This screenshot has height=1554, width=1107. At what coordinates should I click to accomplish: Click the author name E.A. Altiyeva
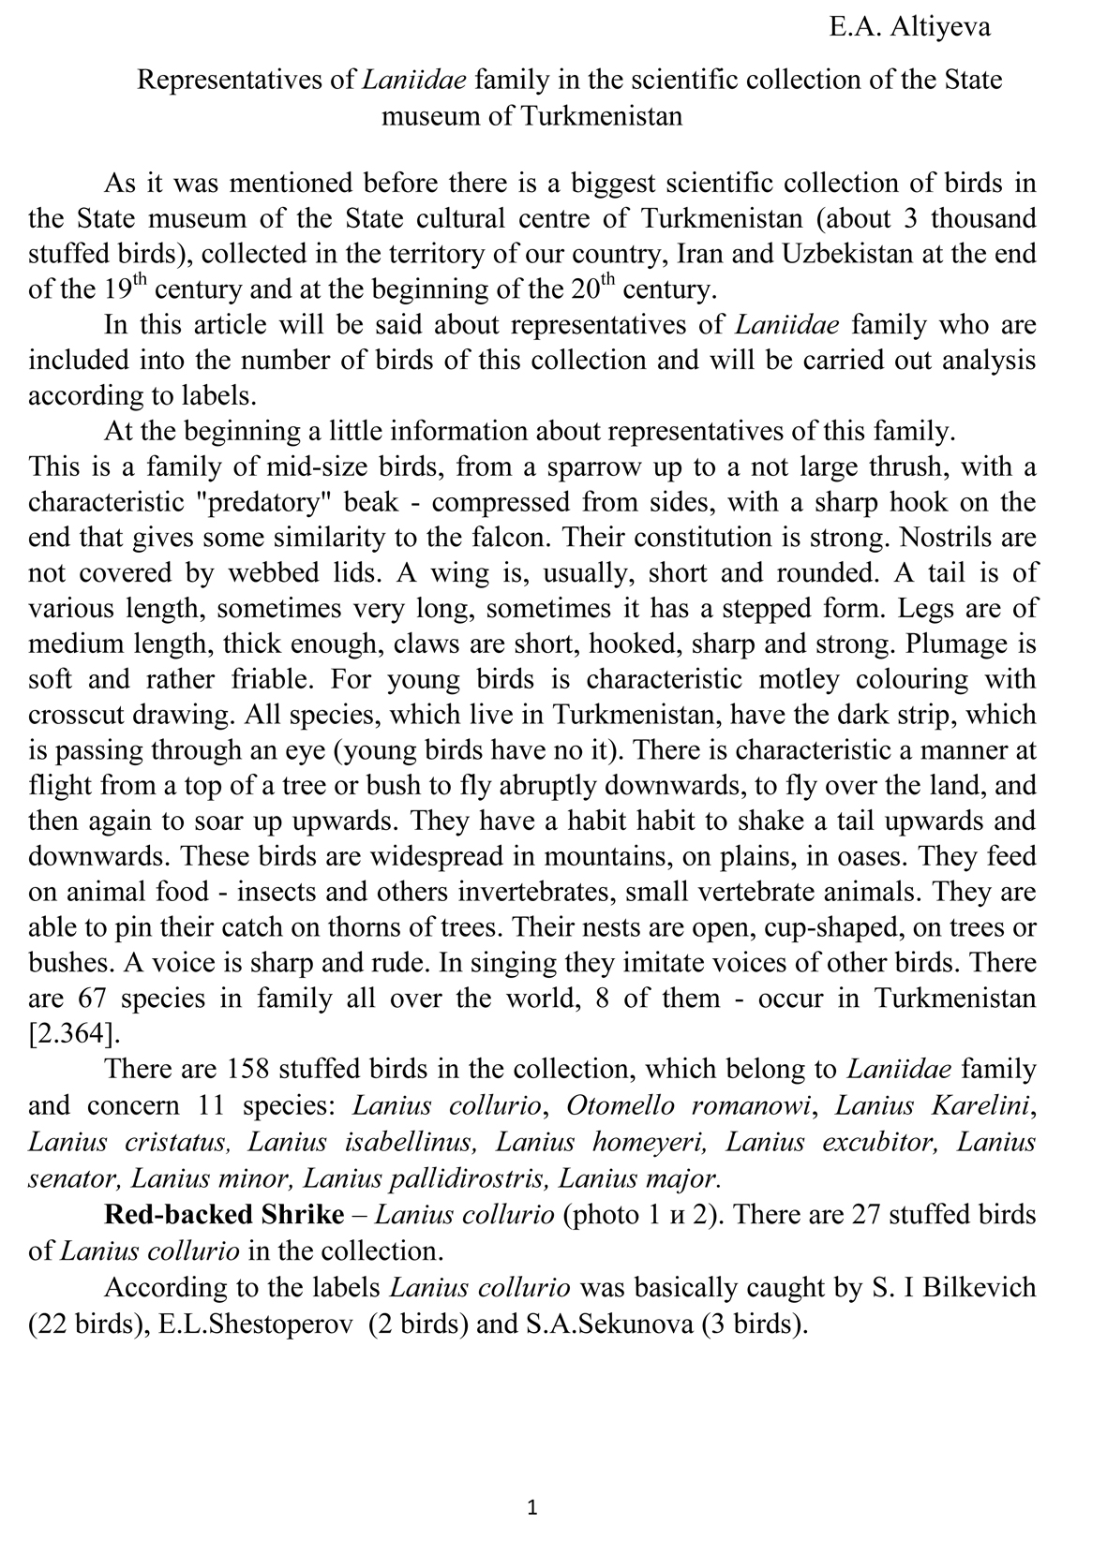click(x=909, y=27)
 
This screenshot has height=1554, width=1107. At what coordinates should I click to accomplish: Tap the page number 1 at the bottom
click(x=532, y=1507)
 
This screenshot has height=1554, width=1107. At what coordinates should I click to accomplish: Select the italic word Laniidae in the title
click(x=414, y=80)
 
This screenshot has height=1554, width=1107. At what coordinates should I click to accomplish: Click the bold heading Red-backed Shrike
click(x=224, y=1215)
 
